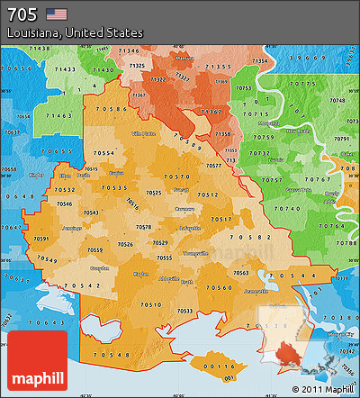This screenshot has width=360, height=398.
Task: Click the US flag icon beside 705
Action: [x=57, y=14]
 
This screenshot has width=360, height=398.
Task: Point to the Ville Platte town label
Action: [x=144, y=132]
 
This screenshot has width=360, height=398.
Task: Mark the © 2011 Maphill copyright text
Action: [x=322, y=389]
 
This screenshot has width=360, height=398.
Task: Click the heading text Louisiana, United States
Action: [x=75, y=32]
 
